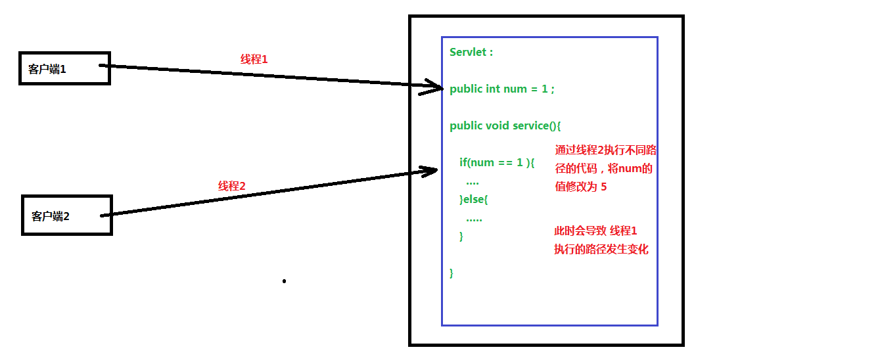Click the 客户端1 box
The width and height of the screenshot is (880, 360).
tap(64, 68)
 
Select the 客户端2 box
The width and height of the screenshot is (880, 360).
tap(67, 215)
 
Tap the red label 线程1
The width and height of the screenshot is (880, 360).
tap(254, 59)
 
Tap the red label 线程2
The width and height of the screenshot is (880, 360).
tap(231, 186)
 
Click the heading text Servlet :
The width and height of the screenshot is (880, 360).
tap(471, 53)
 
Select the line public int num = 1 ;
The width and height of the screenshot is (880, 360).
tap(502, 89)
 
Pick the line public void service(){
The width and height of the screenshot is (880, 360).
tap(505, 125)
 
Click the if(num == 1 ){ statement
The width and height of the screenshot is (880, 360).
tap(498, 162)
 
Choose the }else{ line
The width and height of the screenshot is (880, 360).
tap(474, 199)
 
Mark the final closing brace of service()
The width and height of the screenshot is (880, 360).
tap(452, 273)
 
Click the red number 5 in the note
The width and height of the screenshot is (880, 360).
tap(603, 187)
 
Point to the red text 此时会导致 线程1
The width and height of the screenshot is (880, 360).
tap(596, 231)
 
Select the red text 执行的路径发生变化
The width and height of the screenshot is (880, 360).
tap(601, 249)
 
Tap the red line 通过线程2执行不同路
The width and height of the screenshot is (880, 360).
tap(606, 150)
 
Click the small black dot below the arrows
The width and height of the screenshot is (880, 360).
tap(284, 281)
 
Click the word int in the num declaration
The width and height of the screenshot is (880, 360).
tap(493, 89)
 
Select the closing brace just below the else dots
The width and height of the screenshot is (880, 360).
tap(461, 236)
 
